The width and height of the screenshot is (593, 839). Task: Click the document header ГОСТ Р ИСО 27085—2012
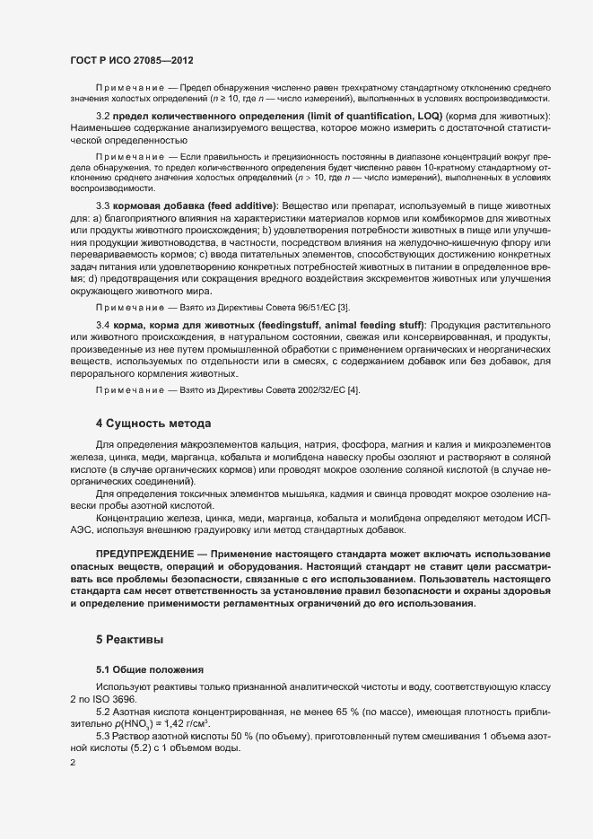pyautogui.click(x=131, y=58)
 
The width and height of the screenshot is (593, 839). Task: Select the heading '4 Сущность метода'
pyautogui.click(x=153, y=423)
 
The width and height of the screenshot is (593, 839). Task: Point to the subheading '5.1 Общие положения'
pyautogui.click(x=150, y=670)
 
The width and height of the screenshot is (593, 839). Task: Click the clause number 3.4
pyautogui.click(x=102, y=324)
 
